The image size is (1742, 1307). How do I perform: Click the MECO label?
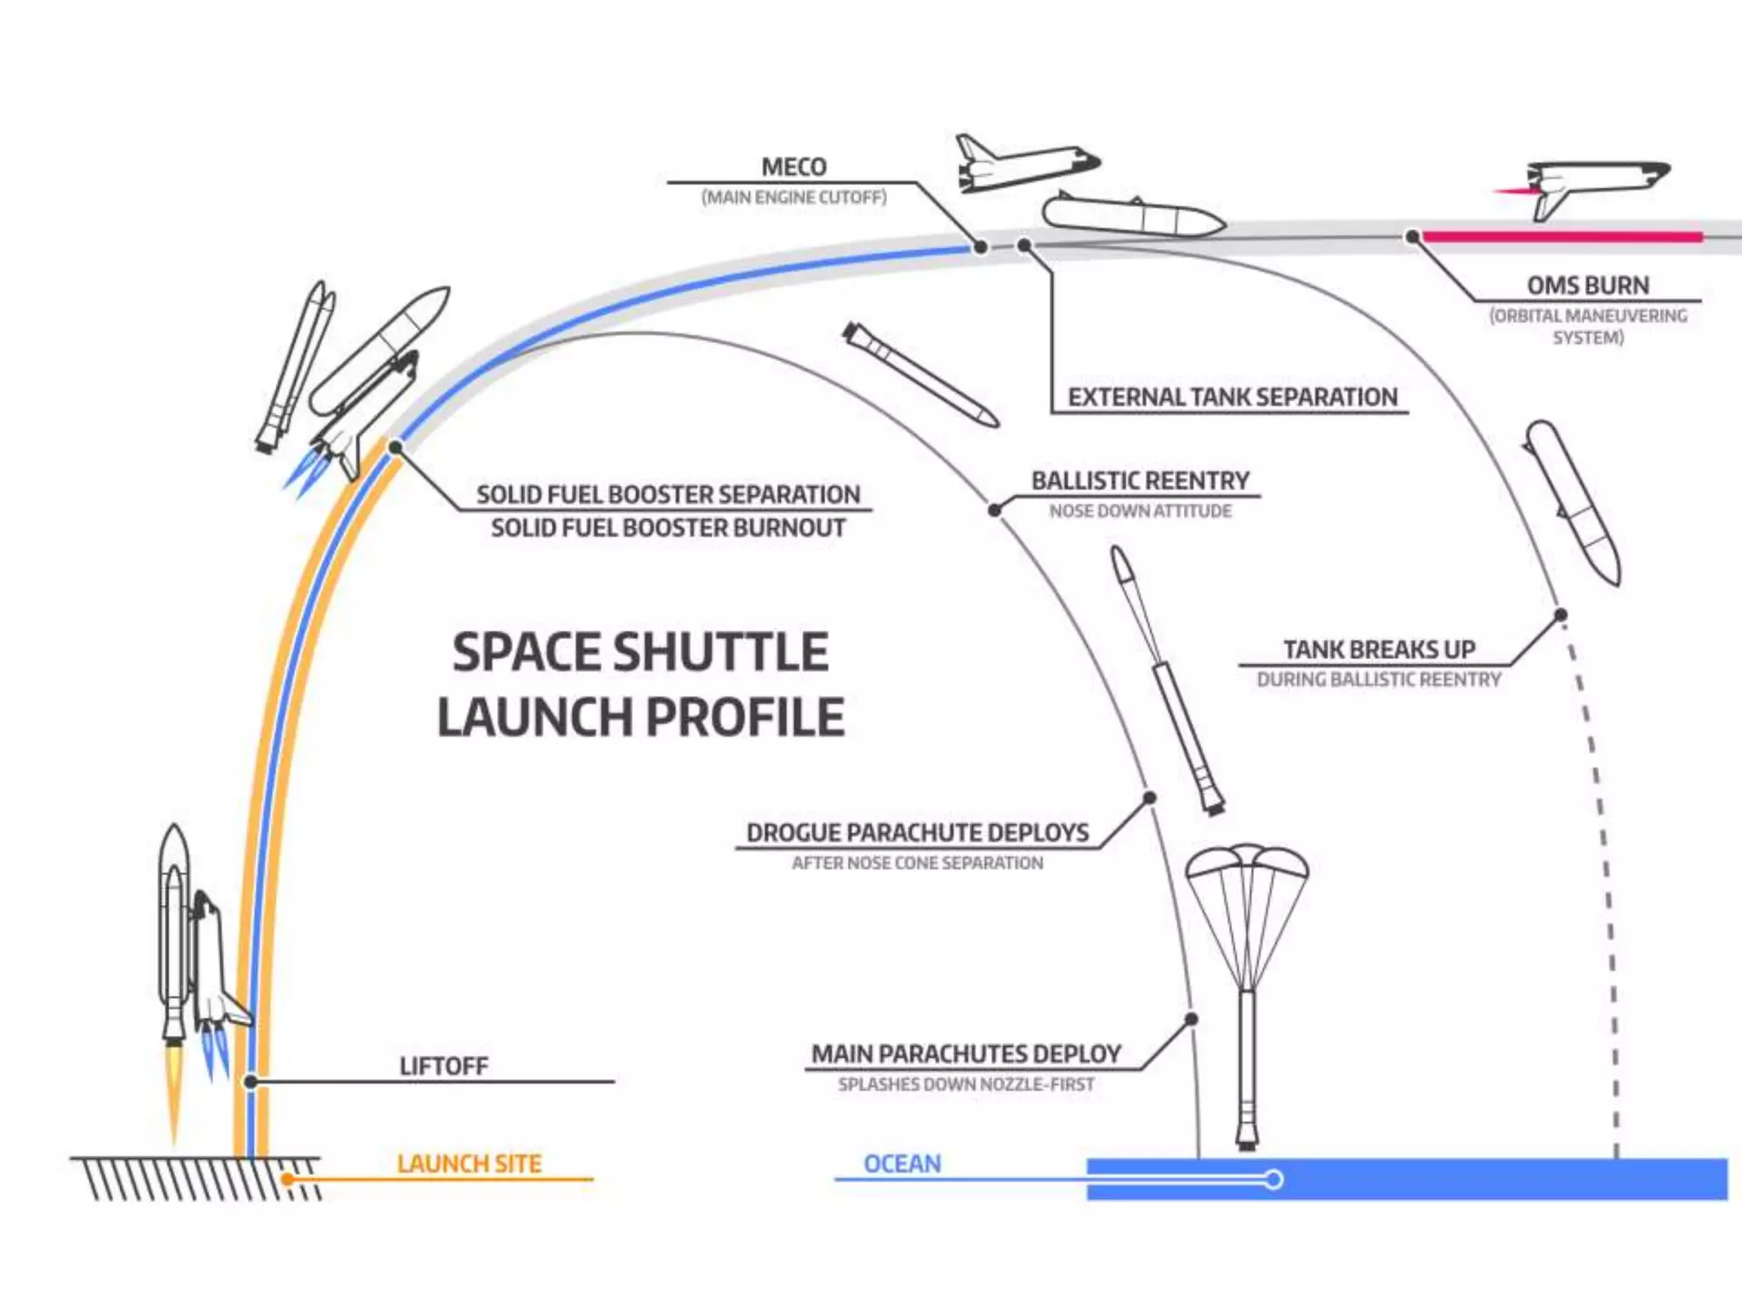794,168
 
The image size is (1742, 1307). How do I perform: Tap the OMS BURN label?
1587,285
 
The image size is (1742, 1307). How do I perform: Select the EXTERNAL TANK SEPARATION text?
1232,397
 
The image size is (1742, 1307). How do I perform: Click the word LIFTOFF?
444,1066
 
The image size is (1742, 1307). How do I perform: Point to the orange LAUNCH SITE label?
469,1163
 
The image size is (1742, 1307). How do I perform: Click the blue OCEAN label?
902,1163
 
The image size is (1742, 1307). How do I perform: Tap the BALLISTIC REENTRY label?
1140,481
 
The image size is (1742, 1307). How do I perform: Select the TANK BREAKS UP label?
1379,649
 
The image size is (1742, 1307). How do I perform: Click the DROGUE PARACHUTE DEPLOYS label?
917,832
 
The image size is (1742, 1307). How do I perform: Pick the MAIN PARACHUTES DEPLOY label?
965,1054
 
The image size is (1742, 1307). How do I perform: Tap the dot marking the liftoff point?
251,1082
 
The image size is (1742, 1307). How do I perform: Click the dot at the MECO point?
981,247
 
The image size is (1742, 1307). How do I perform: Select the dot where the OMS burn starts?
1412,237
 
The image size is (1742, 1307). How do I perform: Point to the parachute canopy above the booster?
1247,864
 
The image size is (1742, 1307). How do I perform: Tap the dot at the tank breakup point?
1561,614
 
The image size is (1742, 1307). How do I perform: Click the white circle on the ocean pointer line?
1273,1179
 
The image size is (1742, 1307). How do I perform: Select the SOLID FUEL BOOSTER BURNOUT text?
668,528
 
